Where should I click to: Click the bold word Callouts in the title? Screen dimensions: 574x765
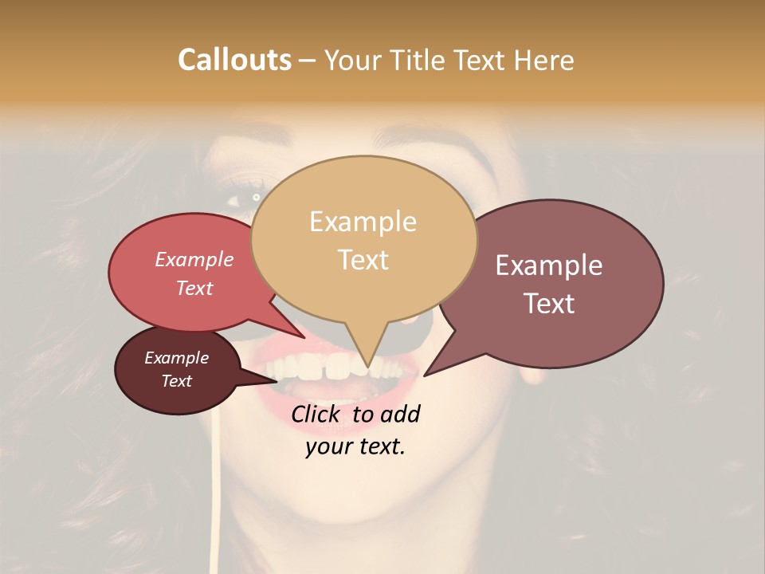[x=234, y=60]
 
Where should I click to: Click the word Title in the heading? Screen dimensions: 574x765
[x=420, y=60]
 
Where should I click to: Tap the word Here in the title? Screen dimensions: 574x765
[x=544, y=60]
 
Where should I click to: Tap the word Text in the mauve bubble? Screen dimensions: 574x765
[x=549, y=303]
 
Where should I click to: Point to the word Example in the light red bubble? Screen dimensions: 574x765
[x=194, y=259]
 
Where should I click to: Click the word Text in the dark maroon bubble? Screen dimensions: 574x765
[x=177, y=381]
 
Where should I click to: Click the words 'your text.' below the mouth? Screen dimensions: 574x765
[x=355, y=446]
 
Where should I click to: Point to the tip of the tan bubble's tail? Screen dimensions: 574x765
[x=367, y=366]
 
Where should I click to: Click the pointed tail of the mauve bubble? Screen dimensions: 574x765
[x=426, y=374]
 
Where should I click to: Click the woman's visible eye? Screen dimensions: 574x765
[x=253, y=197]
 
